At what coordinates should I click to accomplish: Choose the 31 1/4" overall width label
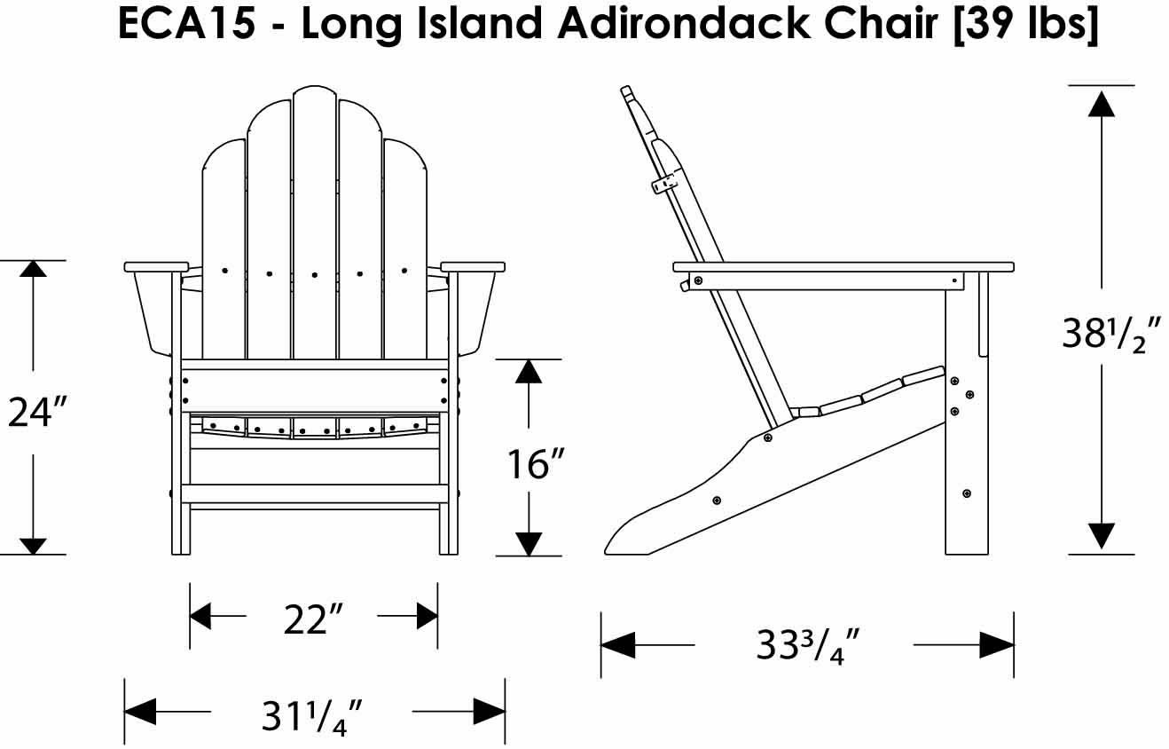[x=313, y=714]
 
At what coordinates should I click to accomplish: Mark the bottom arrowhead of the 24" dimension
[x=34, y=544]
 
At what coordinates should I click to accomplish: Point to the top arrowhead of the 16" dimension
[x=529, y=371]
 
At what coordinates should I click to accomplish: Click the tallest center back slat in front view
[x=314, y=222]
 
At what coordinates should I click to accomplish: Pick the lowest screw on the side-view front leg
[x=966, y=493]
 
